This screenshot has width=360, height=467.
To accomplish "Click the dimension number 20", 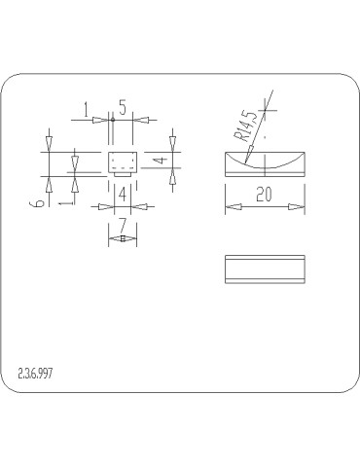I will click(264, 195).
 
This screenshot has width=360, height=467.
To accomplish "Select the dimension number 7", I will click(123, 225).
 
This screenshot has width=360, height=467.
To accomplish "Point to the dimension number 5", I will click(123, 106).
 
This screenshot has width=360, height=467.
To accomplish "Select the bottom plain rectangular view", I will click(265, 269).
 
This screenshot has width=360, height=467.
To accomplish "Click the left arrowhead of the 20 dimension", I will click(231, 206).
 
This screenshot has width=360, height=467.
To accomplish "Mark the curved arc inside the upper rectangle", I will click(265, 160).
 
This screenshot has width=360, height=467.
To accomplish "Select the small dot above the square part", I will click(113, 120).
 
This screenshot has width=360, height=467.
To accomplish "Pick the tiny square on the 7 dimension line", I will click(123, 238).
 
